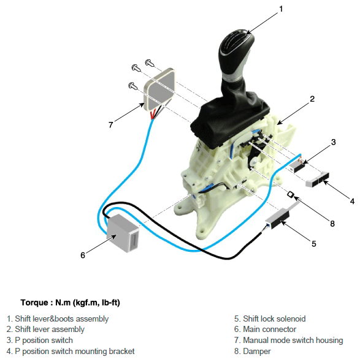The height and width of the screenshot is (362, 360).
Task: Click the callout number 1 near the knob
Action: [x=281, y=9]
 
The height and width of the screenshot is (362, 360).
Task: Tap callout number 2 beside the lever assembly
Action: [x=312, y=99]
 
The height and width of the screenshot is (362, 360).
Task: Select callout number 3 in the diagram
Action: [x=333, y=142]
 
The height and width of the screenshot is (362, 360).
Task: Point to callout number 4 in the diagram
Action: [x=352, y=202]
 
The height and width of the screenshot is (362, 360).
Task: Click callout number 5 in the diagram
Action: [x=314, y=244]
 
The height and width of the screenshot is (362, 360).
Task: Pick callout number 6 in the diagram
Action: [x=83, y=255]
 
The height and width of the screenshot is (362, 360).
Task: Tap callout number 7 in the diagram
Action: [x=111, y=125]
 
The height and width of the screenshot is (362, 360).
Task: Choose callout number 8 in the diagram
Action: [x=332, y=224]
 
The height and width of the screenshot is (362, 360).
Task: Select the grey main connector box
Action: [x=123, y=233]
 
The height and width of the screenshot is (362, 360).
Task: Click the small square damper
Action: [x=291, y=194]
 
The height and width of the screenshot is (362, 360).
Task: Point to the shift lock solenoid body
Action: [x=277, y=217]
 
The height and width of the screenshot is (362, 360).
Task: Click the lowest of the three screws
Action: [x=132, y=86]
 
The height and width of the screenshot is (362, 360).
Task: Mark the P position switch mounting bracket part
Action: [x=317, y=179]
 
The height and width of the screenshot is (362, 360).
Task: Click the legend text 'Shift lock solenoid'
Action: [x=274, y=319]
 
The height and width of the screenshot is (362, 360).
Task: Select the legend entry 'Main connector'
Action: [x=265, y=329]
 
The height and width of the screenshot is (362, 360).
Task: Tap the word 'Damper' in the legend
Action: [x=256, y=352]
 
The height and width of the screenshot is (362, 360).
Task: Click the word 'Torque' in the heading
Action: [x=34, y=303]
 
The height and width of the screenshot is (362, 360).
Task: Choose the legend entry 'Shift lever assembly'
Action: [x=45, y=330]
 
